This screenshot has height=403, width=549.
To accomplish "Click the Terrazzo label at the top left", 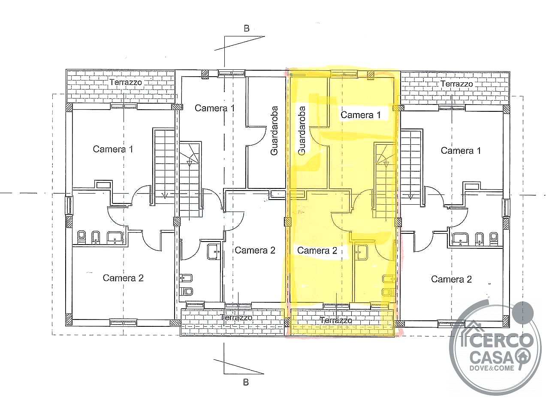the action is [126, 83].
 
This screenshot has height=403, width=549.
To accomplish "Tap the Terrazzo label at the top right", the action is [457, 84].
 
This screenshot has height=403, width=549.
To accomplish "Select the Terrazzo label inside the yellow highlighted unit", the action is [336, 320].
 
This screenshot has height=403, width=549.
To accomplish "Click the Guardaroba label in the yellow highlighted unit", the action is [302, 131].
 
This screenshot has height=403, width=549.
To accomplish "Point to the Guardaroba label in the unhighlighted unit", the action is [274, 131].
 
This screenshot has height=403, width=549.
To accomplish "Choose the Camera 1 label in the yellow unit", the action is [361, 115].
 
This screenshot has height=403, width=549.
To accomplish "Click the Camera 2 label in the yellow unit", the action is [317, 250].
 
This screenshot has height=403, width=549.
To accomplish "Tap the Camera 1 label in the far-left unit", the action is [113, 149].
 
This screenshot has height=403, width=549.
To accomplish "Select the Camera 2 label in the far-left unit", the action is [123, 278].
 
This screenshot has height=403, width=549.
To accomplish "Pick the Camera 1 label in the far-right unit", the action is [461, 150].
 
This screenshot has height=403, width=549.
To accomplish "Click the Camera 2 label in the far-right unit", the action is [452, 279].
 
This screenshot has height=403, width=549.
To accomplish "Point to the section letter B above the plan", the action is [247, 29].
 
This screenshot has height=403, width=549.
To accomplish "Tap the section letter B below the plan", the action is [246, 382].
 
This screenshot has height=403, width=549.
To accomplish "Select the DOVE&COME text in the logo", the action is [492, 368].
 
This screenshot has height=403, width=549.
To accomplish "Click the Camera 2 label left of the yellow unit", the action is [255, 250].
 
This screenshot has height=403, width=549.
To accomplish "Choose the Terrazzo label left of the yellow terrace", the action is [236, 318].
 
